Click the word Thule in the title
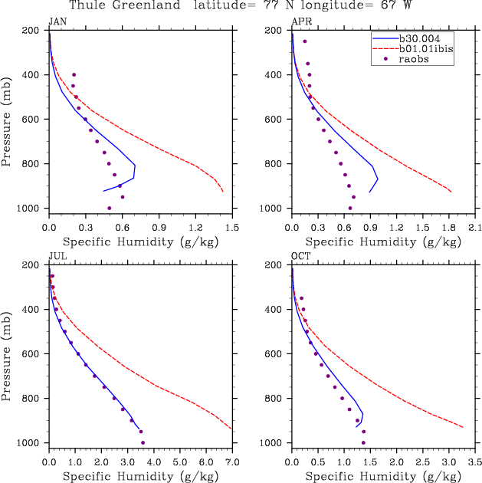89,5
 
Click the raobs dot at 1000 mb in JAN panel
109,208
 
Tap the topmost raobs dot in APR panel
304,41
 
